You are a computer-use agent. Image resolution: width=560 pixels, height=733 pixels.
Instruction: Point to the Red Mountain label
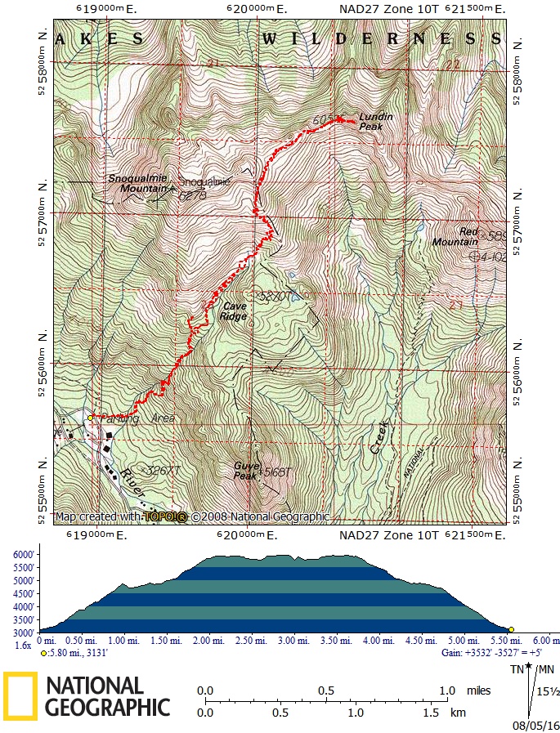click(x=456, y=237)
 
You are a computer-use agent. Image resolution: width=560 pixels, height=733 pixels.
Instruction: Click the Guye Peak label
click(x=245, y=470)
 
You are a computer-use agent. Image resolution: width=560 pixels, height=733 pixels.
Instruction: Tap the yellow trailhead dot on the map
click(x=90, y=418)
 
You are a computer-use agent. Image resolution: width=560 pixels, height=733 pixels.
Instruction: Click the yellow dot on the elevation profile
click(x=511, y=629)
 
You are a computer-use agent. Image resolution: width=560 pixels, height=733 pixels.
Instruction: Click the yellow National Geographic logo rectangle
click(x=19, y=695)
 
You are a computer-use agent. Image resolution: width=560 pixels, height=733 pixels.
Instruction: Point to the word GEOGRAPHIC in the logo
click(x=107, y=707)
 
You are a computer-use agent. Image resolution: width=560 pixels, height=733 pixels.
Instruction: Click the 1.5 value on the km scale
click(x=432, y=713)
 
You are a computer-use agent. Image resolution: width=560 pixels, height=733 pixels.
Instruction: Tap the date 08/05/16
click(x=535, y=725)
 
